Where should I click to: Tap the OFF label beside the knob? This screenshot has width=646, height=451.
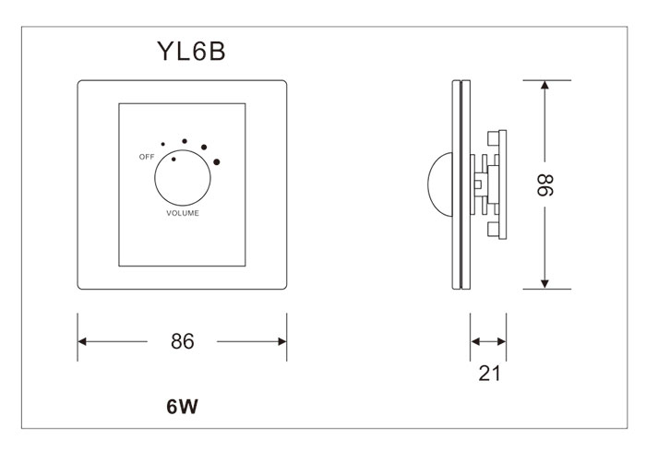(x=146, y=158)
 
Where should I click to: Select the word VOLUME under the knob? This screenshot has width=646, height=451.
(x=182, y=213)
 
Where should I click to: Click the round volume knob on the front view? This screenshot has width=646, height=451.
(x=182, y=178)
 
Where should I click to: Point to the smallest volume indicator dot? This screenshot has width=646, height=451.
(x=163, y=145)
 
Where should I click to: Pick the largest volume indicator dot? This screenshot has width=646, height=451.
(x=218, y=162)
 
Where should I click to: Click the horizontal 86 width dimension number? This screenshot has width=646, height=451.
(x=182, y=341)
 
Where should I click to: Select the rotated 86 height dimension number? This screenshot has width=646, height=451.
(x=544, y=185)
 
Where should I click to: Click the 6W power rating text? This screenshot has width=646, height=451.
(x=182, y=406)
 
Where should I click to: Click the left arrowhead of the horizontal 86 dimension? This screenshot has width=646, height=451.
(x=83, y=341)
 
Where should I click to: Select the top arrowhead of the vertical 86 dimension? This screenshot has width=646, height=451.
(x=544, y=86)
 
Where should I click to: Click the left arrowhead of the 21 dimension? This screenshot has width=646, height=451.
(x=475, y=341)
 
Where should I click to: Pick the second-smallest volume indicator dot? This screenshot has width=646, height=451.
(x=184, y=140)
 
